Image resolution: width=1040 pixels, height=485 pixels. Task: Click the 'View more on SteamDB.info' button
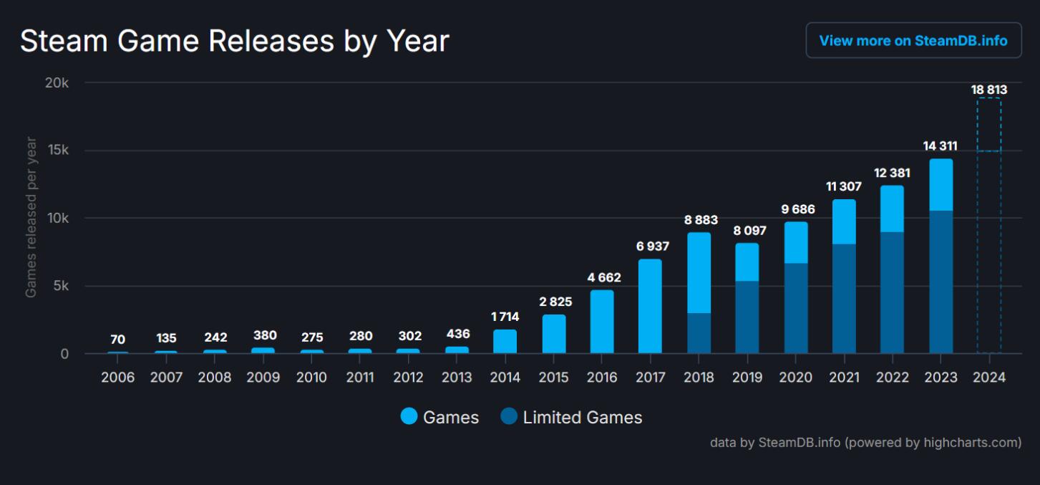[913, 41]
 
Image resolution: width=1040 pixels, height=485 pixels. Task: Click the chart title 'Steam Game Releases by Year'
[235, 41]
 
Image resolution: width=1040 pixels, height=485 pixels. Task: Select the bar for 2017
[650, 307]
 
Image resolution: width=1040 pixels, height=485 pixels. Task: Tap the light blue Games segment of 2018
[699, 273]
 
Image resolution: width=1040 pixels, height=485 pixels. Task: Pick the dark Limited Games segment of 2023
[941, 282]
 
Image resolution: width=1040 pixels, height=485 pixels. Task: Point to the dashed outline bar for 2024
[989, 226]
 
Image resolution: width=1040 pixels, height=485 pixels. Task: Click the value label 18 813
[989, 90]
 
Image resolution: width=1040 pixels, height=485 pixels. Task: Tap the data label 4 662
[602, 277]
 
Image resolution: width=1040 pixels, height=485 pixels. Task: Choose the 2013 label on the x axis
[457, 378]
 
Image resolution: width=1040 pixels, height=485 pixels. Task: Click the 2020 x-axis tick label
[795, 378]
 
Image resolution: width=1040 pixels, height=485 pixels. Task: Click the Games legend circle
[409, 417]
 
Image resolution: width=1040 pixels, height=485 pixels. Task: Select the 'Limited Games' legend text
[583, 418]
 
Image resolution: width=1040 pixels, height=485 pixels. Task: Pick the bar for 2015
[553, 335]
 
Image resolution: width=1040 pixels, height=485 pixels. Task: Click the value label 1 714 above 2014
[505, 317]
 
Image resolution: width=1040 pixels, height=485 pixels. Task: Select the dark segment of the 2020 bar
[795, 308]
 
